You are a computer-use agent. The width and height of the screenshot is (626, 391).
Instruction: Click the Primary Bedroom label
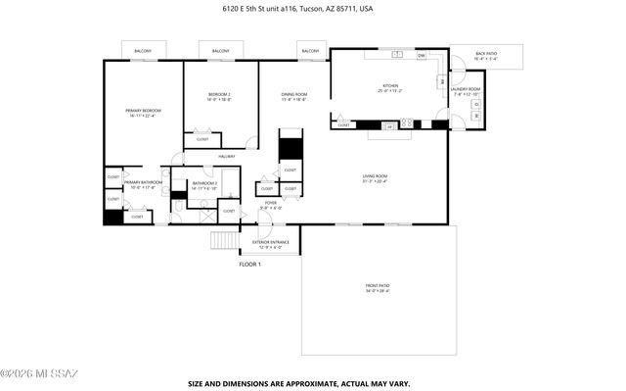pos(142,113)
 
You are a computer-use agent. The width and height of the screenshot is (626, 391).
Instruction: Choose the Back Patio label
pos(485,56)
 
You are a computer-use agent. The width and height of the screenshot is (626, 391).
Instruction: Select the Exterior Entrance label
pos(269,243)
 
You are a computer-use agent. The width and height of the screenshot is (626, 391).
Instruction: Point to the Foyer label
pos(270,205)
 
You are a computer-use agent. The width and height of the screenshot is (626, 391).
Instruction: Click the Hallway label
pos(226,156)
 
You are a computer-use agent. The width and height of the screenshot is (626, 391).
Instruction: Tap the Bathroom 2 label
pos(203,184)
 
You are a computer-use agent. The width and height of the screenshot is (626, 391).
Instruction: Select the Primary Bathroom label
pos(143,184)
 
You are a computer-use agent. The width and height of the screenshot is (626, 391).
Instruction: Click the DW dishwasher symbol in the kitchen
pos(421,56)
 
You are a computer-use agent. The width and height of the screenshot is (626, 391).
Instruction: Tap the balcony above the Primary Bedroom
pos(143,51)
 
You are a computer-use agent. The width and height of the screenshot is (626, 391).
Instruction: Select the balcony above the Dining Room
pos(311,51)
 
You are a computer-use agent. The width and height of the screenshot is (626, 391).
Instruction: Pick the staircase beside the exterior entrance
pos(225,241)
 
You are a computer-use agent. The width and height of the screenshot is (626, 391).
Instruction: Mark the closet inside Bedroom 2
pos(202,138)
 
